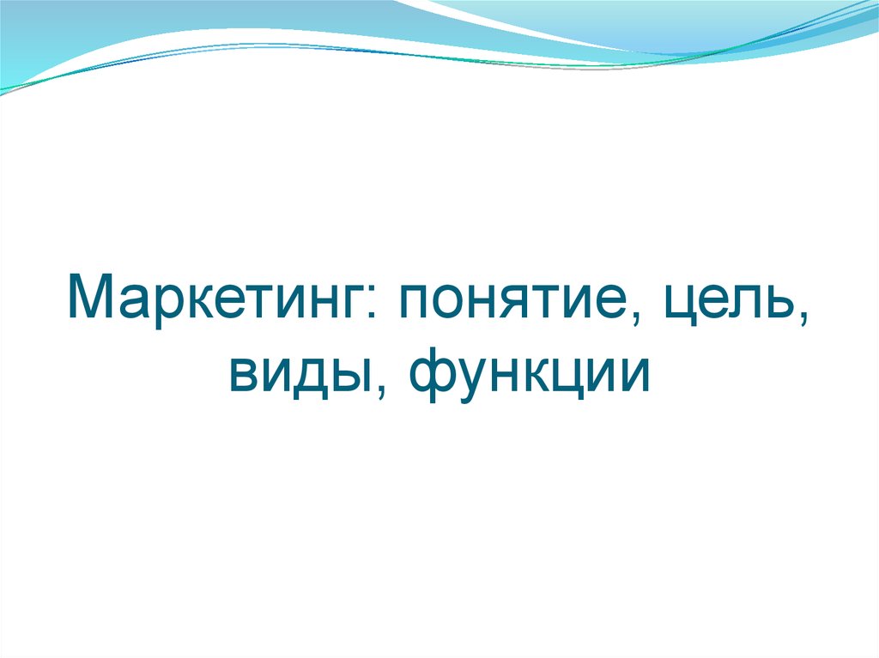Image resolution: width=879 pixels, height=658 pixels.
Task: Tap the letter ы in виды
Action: click(x=349, y=378)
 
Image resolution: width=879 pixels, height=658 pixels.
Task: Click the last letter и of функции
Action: click(x=633, y=378)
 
